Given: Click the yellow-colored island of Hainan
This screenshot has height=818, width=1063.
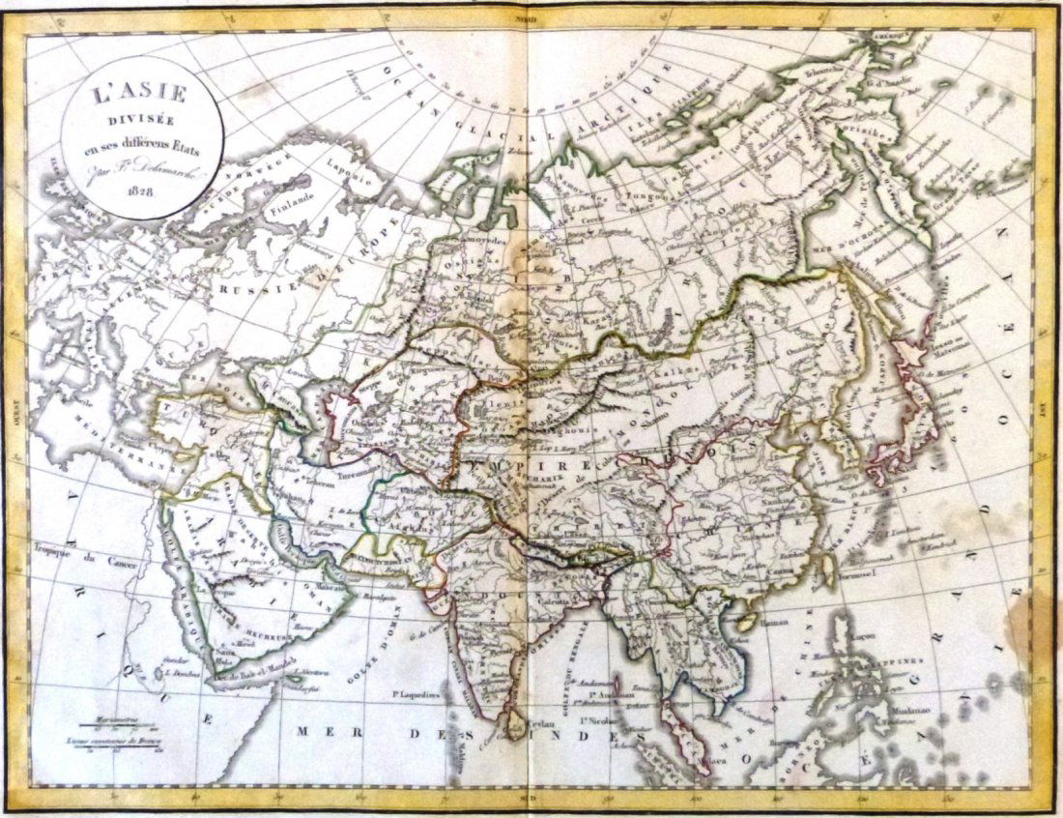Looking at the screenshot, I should tap(745, 619).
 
